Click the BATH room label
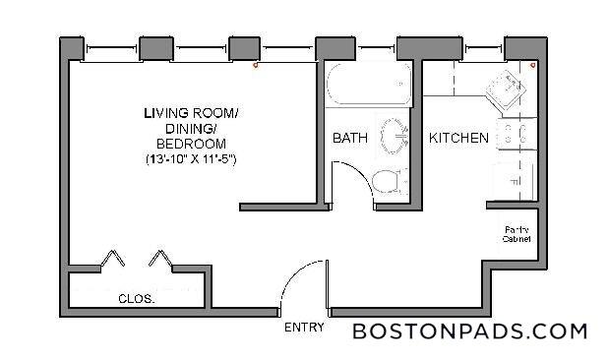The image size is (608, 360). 350,139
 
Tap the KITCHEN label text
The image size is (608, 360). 458,139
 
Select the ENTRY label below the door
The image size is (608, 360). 302,328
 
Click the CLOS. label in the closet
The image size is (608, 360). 136,298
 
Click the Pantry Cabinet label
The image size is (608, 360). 517,234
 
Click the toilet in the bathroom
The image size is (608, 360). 391,182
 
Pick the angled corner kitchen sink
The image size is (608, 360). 510,90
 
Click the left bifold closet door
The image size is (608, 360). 113,259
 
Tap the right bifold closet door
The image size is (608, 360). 160,259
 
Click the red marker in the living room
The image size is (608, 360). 255,67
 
